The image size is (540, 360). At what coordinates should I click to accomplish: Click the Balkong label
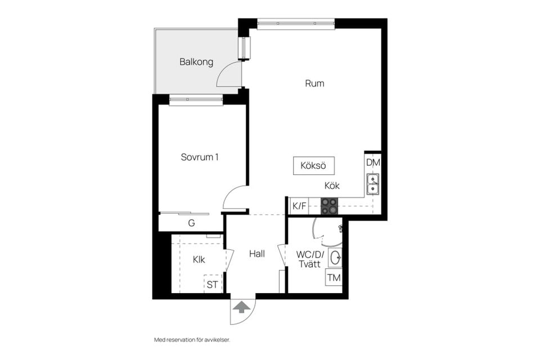tap(196, 62)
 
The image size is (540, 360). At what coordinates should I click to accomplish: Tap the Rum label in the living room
tap(314, 83)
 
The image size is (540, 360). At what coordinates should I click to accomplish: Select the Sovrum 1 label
tap(200, 157)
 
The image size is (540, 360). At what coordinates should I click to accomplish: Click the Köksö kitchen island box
tap(313, 165)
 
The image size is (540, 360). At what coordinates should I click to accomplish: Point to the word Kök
tap(332, 186)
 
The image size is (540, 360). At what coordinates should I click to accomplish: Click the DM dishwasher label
tap(373, 162)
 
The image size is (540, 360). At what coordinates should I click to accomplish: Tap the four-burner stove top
tap(329, 206)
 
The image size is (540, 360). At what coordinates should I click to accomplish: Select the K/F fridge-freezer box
tap(299, 206)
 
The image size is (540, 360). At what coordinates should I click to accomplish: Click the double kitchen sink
tap(372, 184)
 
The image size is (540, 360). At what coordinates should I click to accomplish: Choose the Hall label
tap(257, 254)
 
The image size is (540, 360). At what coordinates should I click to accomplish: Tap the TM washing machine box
tap(334, 277)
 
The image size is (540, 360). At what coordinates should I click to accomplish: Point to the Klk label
tap(199, 259)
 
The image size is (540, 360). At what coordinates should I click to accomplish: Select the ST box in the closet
tap(213, 285)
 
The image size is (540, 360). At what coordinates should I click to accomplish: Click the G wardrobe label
tap(191, 223)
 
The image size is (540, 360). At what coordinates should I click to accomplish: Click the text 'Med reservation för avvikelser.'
tap(192, 340)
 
